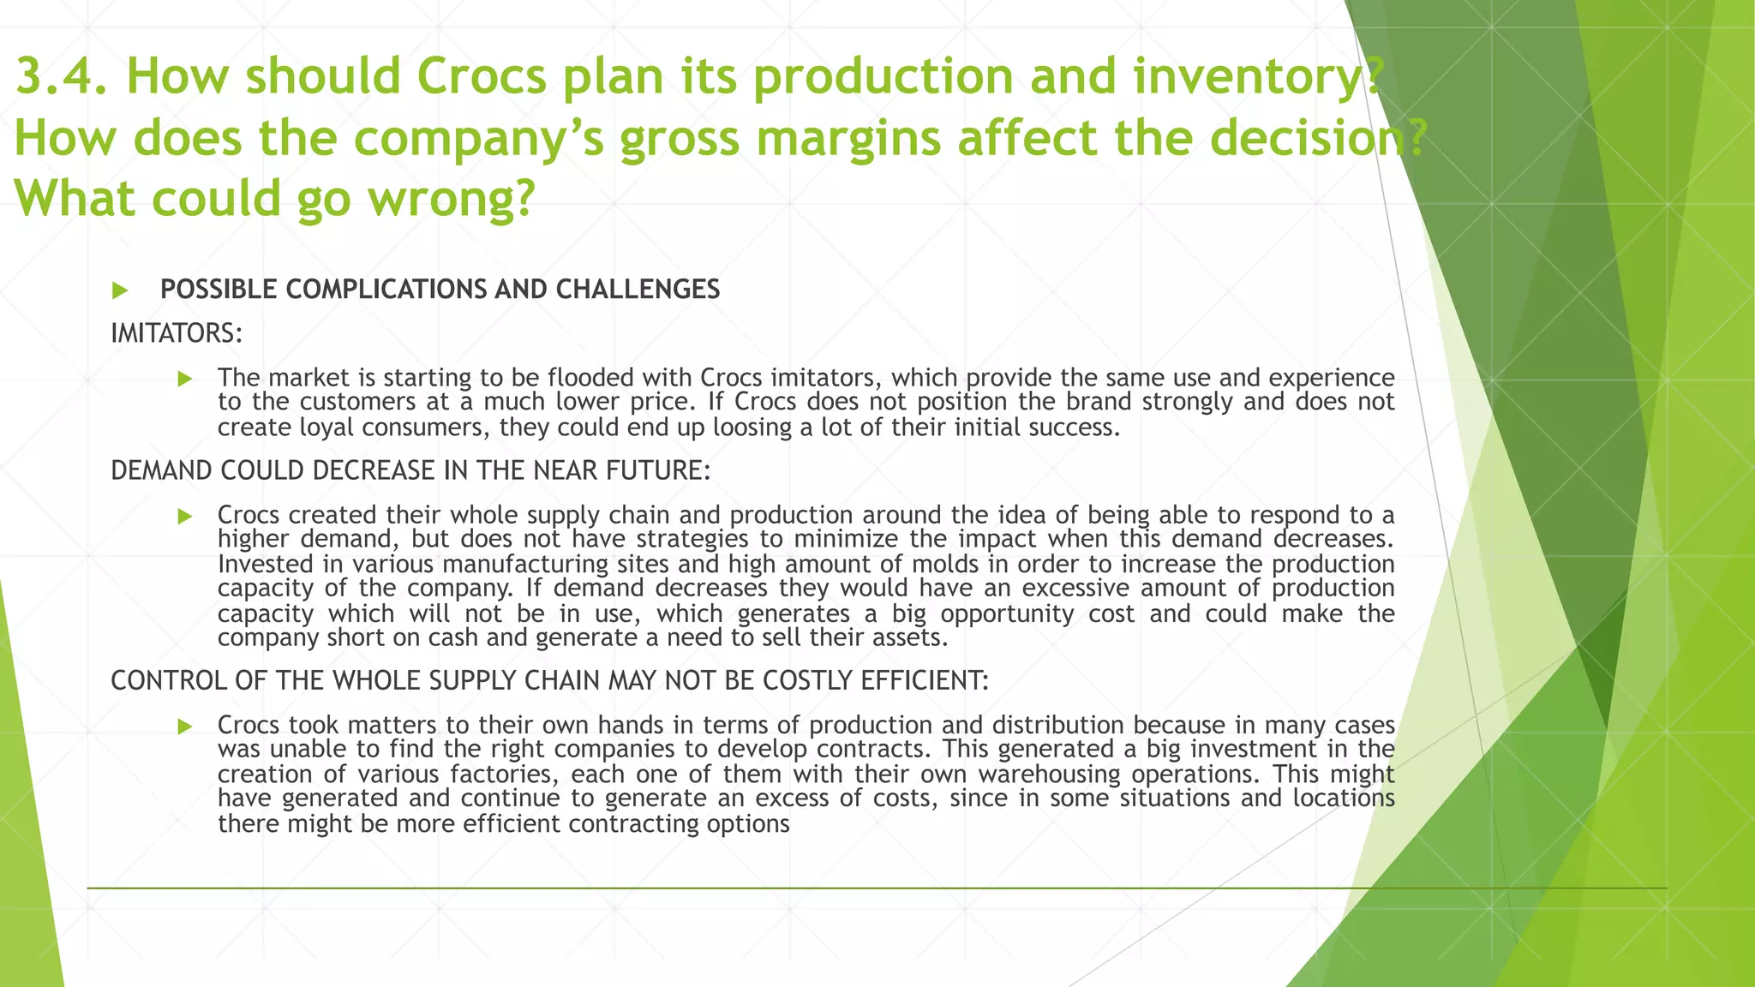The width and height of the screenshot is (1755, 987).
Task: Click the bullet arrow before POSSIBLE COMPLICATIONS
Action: [x=120, y=290]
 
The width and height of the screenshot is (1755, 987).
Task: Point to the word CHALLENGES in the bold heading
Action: [x=638, y=290]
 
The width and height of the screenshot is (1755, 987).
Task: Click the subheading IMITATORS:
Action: [x=177, y=333]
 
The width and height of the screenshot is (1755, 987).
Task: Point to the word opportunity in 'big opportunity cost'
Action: [x=1007, y=614]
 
